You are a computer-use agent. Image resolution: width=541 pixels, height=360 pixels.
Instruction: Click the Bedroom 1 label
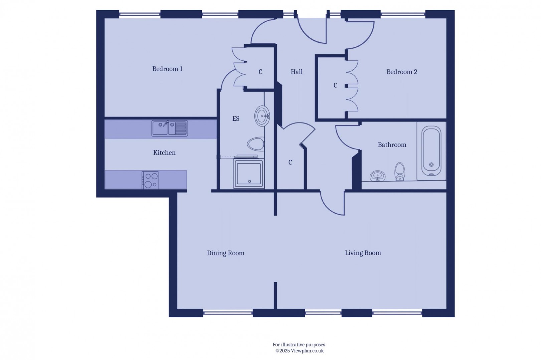(x=167, y=69)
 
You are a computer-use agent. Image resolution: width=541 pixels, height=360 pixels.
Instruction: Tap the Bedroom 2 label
(x=402, y=72)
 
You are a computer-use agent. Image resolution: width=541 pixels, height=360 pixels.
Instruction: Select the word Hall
(x=296, y=72)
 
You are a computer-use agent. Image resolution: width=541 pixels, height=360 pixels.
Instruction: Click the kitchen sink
(x=169, y=128)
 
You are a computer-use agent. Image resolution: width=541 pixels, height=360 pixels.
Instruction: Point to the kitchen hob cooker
(x=150, y=180)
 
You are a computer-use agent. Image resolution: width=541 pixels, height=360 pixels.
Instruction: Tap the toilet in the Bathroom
(x=399, y=172)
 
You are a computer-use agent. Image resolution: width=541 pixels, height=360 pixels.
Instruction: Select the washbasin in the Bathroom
(x=377, y=176)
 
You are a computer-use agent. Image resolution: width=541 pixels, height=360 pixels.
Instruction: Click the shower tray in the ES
(x=249, y=173)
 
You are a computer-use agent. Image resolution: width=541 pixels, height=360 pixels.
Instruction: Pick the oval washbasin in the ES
(x=262, y=116)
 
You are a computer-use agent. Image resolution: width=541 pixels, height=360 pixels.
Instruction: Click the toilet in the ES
(x=256, y=144)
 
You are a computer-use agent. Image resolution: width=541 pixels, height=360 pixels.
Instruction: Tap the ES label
(x=236, y=119)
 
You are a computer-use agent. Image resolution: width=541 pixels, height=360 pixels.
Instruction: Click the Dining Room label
(x=225, y=253)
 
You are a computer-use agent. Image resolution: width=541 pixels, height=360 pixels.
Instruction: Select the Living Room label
(x=363, y=253)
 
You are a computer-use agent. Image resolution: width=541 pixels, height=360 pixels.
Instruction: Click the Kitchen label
(x=164, y=153)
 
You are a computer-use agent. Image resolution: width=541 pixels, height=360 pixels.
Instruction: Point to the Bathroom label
(x=392, y=145)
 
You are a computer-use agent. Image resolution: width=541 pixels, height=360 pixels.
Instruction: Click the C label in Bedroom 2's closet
(x=335, y=86)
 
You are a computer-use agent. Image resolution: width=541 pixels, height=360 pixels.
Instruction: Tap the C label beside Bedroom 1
(x=260, y=72)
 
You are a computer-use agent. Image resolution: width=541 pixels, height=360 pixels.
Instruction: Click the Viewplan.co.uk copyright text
(x=299, y=351)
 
